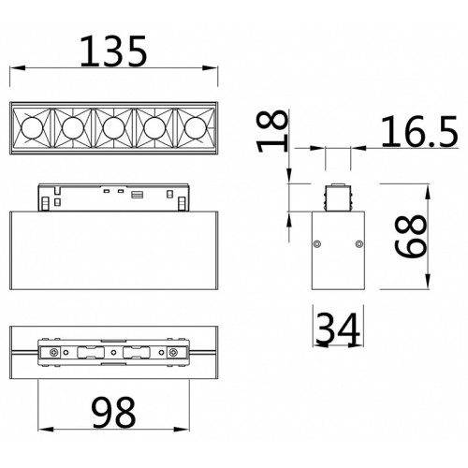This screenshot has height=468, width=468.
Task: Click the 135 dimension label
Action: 113,51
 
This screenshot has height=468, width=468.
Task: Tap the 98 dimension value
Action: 114,413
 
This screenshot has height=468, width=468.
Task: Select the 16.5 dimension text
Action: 419,131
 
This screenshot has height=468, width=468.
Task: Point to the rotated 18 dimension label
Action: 271,131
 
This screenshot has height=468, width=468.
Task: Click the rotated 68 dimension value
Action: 410,236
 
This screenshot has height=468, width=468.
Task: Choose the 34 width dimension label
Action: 338,329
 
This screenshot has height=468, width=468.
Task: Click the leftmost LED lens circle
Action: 32,128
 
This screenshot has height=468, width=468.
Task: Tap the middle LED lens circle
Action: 113,128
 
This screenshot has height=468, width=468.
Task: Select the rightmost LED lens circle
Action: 196,128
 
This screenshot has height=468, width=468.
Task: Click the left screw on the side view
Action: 317,243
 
